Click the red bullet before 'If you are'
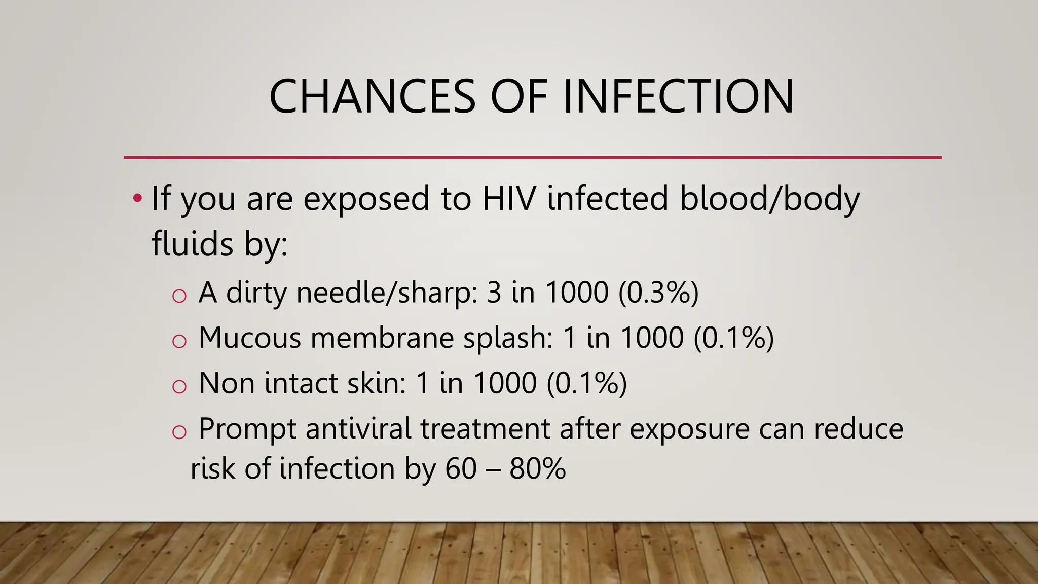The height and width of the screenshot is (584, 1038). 137,198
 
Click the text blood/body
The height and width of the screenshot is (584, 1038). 769,199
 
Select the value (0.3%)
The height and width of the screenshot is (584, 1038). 658,293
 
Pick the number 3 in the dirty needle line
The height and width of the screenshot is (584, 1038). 494,293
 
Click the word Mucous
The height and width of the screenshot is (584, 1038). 250,338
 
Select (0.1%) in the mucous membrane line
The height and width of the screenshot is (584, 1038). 733,338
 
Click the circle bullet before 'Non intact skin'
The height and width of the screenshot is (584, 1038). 179,387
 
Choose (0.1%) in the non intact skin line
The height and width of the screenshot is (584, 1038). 586,383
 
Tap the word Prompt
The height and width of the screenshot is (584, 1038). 247,430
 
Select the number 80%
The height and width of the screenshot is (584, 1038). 537,468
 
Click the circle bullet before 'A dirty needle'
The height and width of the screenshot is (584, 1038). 179,296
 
